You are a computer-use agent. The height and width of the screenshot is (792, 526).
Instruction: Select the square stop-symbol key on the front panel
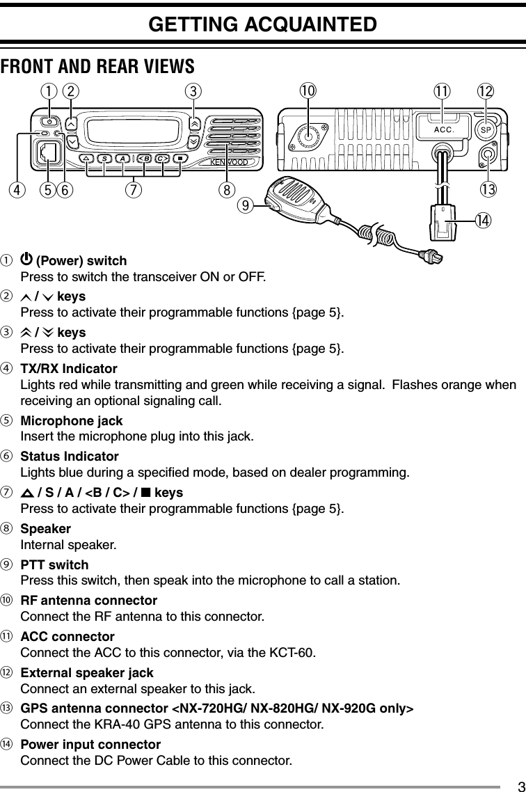click(x=180, y=158)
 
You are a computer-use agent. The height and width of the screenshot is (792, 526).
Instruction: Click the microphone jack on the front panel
click(x=47, y=152)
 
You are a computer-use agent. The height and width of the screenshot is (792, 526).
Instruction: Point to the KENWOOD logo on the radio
click(x=229, y=164)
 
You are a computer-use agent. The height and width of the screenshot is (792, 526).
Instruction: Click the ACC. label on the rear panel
click(x=444, y=129)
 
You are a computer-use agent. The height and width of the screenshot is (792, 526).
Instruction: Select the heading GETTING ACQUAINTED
click(x=262, y=24)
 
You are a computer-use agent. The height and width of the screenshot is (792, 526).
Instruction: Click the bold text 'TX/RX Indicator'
click(x=69, y=368)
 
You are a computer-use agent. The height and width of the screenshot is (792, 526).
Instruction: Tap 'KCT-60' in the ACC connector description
click(x=296, y=653)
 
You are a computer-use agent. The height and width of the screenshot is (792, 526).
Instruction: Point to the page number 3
click(x=518, y=785)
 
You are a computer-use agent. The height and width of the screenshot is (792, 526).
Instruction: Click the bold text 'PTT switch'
click(x=54, y=564)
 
